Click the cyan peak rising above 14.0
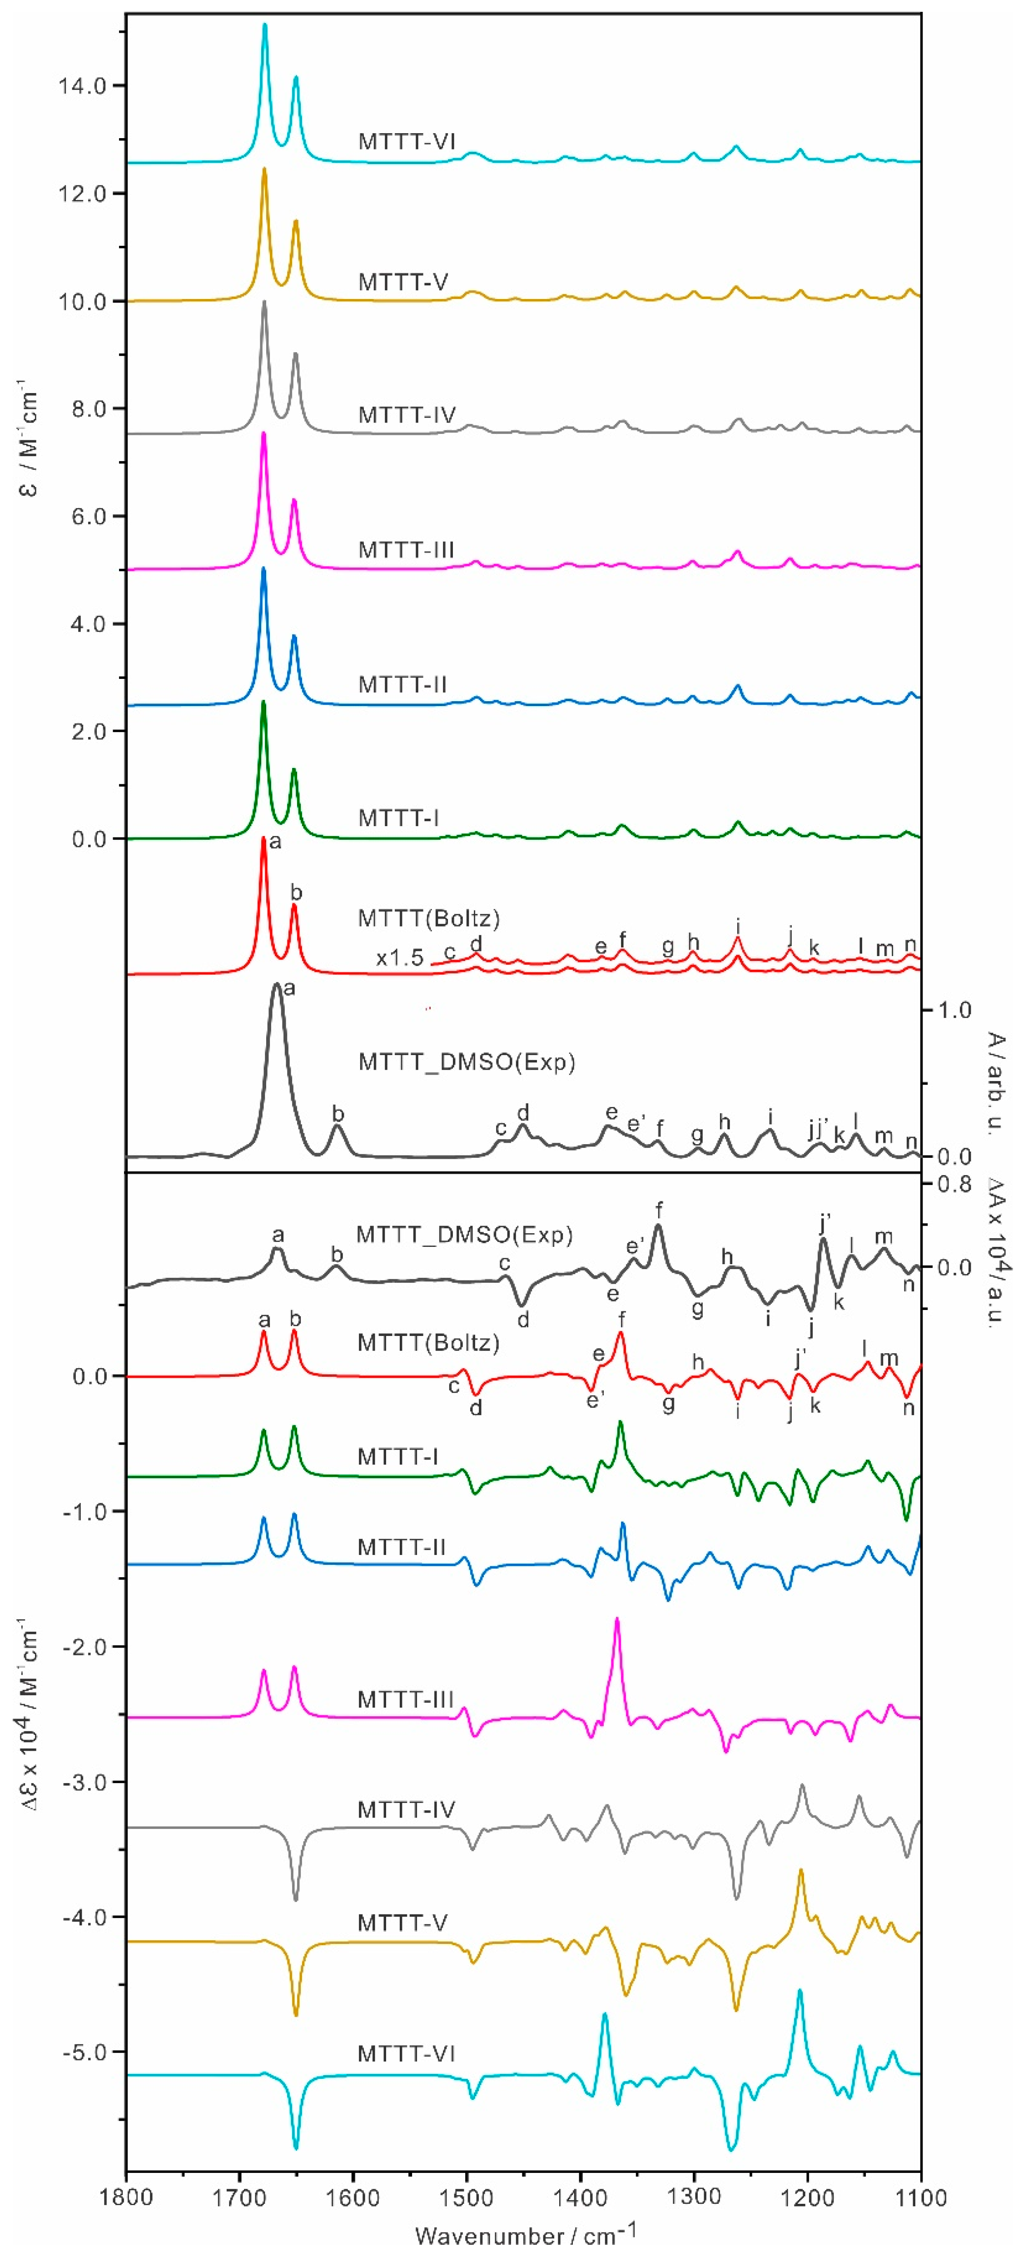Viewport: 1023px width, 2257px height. (x=264, y=26)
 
